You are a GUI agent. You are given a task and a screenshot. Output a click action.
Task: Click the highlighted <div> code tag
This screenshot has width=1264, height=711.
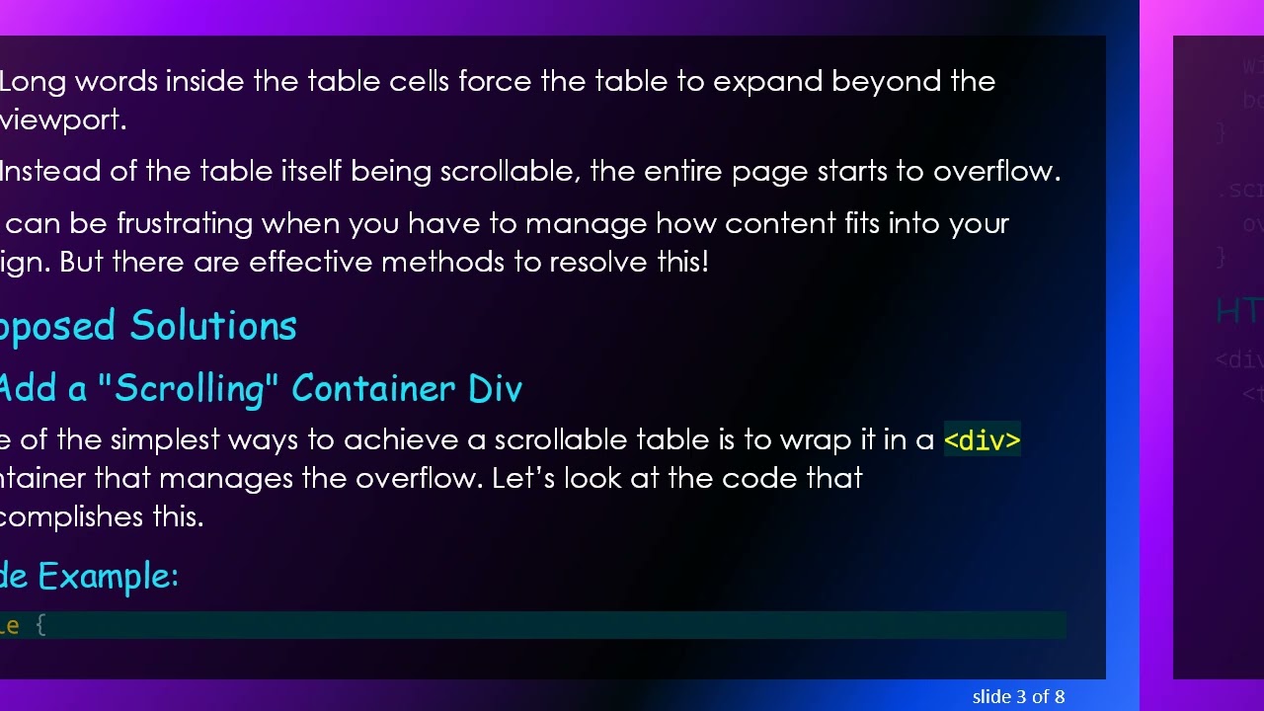coord(982,440)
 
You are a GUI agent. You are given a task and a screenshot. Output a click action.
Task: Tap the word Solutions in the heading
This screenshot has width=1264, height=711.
coord(213,326)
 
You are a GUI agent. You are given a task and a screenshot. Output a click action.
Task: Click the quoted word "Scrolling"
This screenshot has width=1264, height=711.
coord(182,388)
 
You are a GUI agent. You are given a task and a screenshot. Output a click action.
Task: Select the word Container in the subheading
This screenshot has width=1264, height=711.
coord(375,388)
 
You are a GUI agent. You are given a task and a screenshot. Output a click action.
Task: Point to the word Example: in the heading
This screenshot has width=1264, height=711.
coord(108,576)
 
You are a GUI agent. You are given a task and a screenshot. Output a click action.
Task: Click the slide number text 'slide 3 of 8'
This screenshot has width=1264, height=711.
coord(1018,697)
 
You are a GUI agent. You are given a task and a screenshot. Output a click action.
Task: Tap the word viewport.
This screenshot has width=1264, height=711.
coord(63,120)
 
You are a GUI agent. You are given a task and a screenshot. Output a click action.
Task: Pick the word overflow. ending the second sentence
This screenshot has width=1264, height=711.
coord(996,172)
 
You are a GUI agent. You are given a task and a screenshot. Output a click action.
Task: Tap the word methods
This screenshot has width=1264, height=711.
coord(428,263)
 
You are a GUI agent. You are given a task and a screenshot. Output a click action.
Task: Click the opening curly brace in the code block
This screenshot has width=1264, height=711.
coord(40,625)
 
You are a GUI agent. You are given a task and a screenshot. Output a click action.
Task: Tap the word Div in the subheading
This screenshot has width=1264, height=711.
coord(495,388)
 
